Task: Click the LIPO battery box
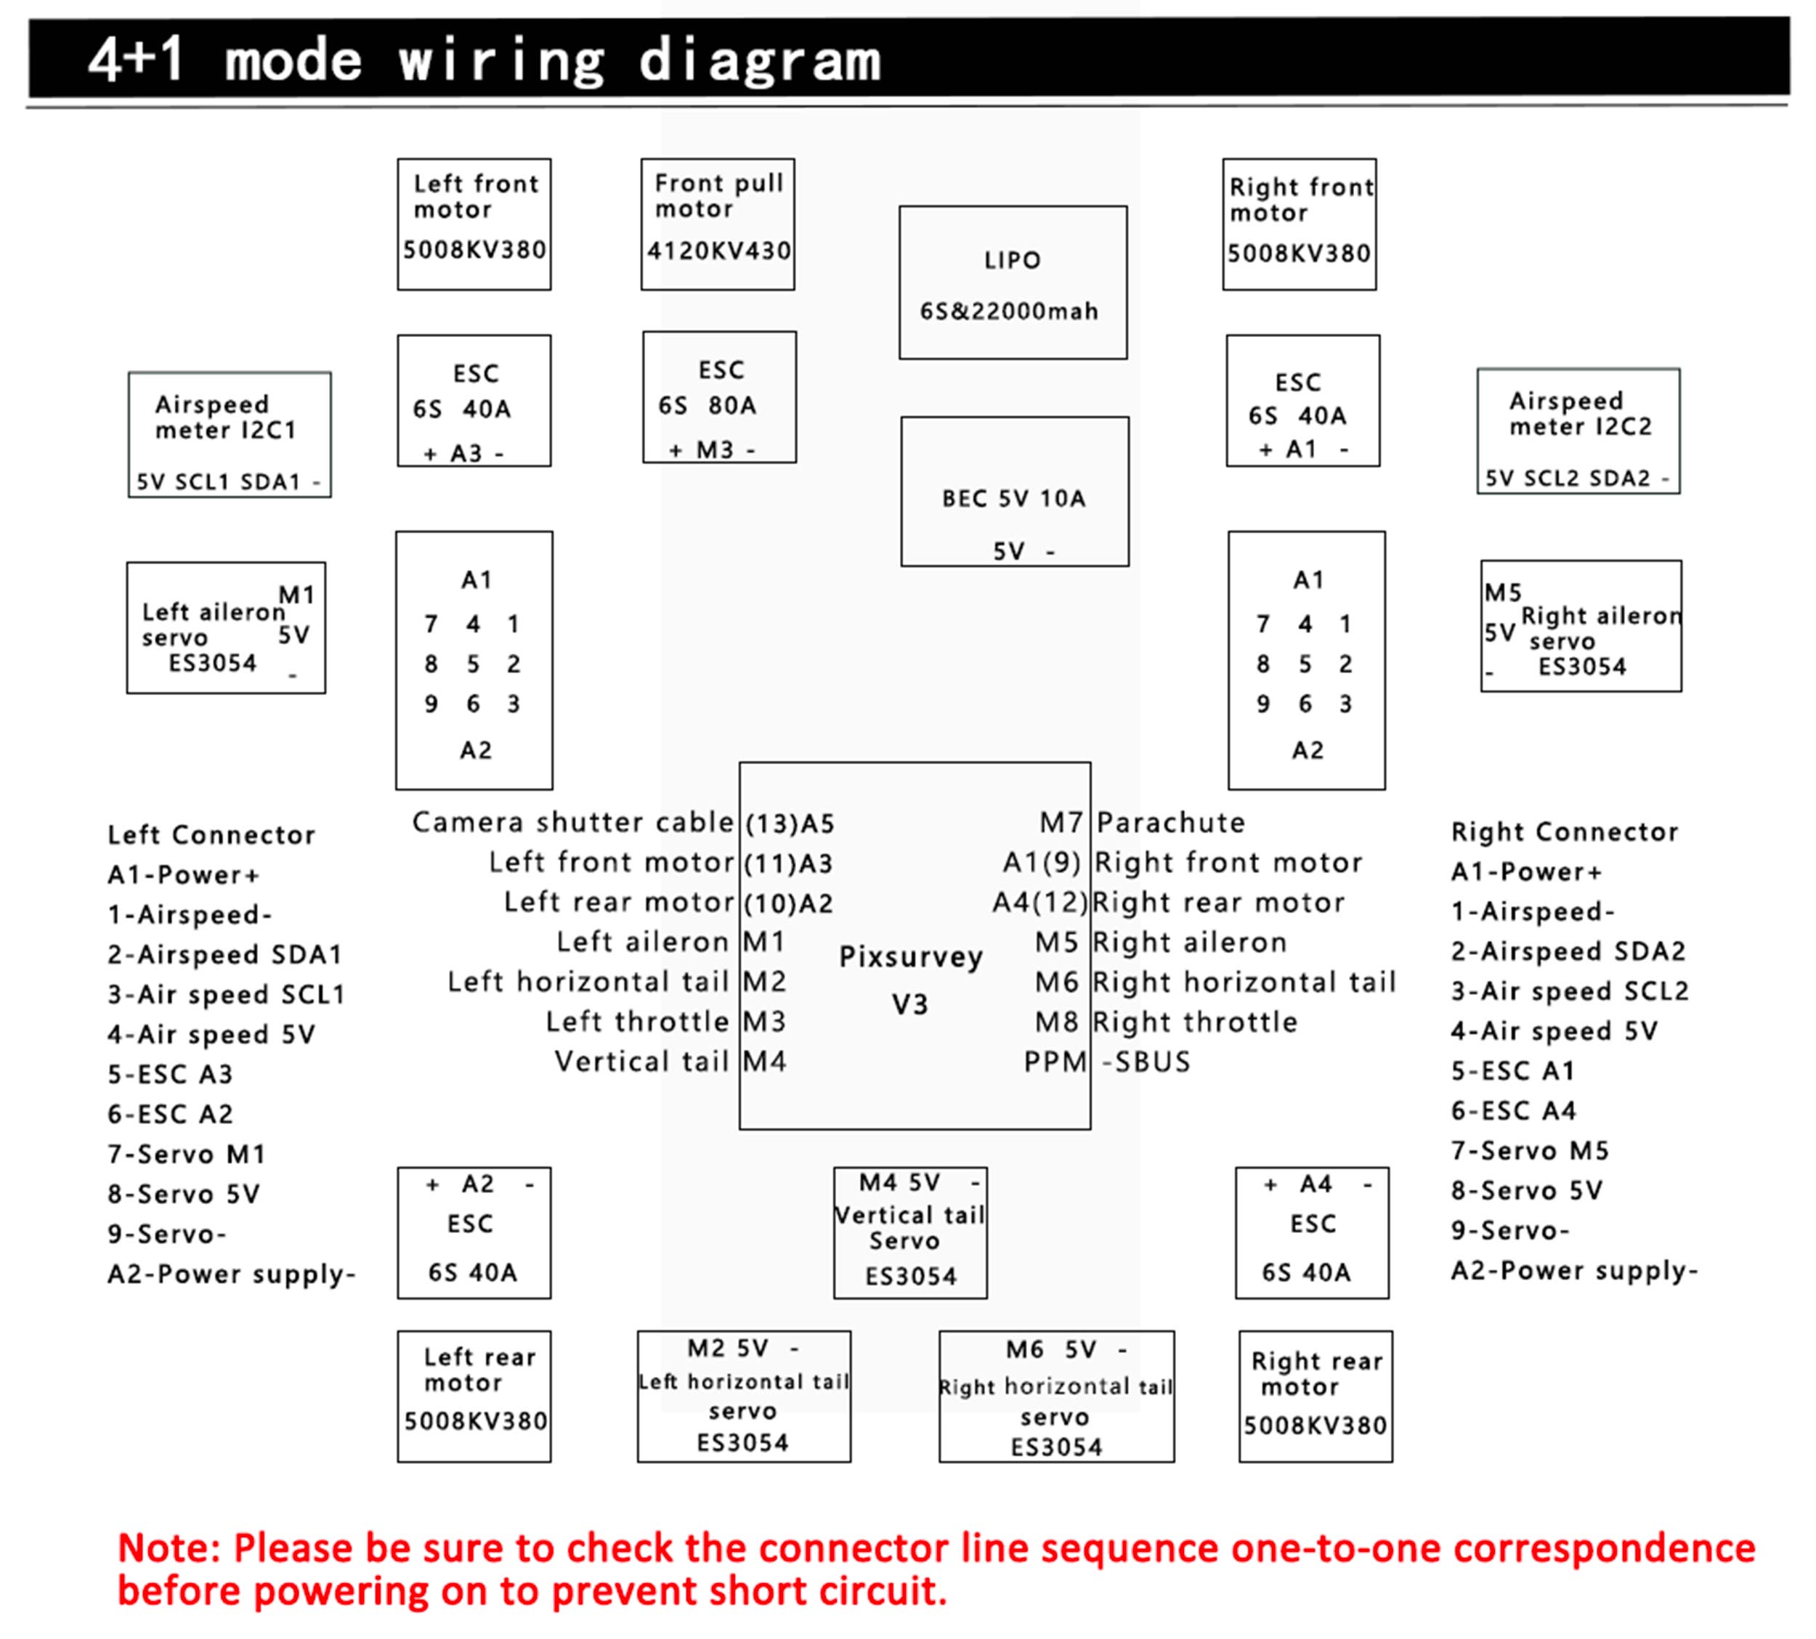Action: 1013,282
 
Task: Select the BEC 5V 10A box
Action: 1014,492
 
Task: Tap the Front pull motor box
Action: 718,224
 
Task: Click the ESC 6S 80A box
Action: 719,397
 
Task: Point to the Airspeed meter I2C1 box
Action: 230,434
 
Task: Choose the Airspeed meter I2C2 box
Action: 1578,431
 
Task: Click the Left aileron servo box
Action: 226,627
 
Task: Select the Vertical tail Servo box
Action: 909,1233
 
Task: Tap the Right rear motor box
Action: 1316,1396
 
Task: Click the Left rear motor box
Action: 474,1396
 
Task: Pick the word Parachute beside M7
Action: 1170,822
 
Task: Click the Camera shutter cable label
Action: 573,822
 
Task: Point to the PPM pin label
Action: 1055,1062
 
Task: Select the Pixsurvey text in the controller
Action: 911,956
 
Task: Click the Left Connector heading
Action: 211,835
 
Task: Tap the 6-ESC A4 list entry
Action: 1513,1110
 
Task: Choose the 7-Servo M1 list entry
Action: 187,1154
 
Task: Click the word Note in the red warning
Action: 169,1548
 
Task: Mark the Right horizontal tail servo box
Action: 1055,1396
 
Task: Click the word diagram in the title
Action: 759,61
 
